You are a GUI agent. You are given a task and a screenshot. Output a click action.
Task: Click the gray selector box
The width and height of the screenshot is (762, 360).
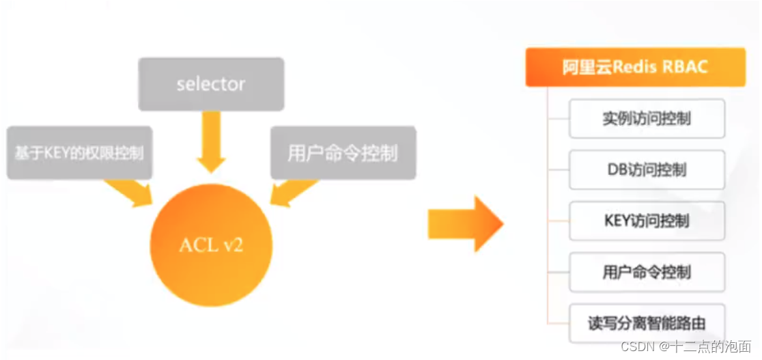[x=211, y=84]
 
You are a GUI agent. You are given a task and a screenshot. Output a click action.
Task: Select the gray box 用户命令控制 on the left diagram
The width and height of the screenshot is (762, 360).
[x=343, y=152]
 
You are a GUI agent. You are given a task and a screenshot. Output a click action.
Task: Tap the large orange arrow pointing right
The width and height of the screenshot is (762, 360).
[x=465, y=224]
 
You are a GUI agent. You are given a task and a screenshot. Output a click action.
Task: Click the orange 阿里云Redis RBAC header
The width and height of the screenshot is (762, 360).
[x=635, y=67]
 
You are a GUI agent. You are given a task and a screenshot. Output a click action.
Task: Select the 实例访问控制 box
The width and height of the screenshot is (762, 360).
[x=646, y=118]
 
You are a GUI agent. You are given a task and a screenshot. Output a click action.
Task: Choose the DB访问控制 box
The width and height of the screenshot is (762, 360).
[x=646, y=169]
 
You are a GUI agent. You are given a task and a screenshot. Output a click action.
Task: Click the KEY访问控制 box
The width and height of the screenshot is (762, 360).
[x=646, y=221]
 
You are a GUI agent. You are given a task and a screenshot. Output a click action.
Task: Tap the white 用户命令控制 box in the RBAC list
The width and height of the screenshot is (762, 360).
[x=646, y=272]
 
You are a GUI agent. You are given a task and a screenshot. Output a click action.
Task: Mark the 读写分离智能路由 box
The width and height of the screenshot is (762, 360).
[x=646, y=323]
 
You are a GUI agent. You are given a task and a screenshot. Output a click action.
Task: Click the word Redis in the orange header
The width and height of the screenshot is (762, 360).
[x=634, y=67]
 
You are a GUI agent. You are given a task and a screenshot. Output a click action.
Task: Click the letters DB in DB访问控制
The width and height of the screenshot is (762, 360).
[x=617, y=169]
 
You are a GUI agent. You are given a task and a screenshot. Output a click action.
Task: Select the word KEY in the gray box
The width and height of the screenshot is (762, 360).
[x=53, y=153]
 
